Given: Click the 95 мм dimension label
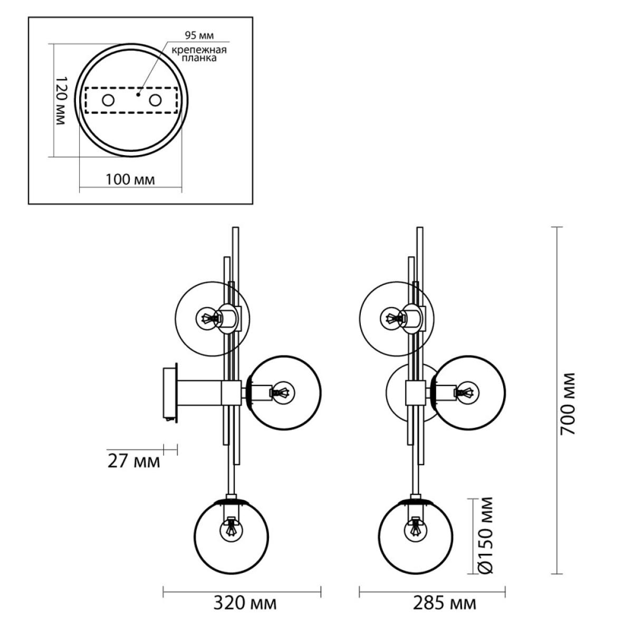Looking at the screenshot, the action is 199,35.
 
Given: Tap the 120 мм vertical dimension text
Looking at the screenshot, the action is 61,101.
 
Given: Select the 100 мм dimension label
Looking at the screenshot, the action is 130,180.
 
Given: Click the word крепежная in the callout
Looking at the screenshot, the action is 199,50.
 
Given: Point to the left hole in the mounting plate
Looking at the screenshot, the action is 108,100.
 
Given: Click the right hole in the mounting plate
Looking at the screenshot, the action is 155,100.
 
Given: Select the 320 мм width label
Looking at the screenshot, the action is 245,603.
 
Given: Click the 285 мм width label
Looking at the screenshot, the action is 445,603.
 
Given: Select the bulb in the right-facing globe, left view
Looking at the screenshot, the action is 282,392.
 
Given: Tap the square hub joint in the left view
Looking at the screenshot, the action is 232,392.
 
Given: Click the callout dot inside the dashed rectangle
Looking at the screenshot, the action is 138,94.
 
